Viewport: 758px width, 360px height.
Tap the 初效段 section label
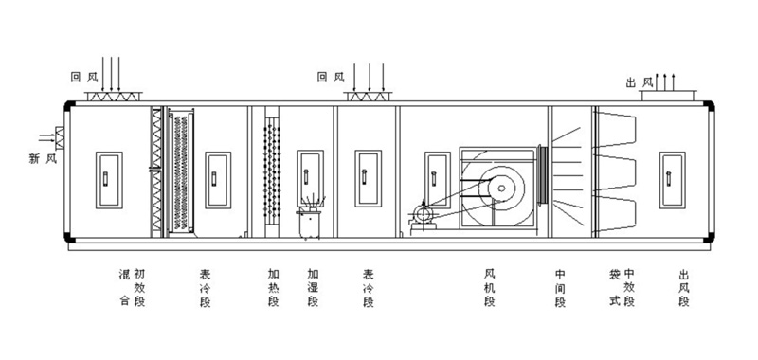coord(139,286)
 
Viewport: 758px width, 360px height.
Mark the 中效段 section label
coord(628,286)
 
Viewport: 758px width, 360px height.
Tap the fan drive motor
coord(422,217)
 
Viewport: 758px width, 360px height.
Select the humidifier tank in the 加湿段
coord(309,225)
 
